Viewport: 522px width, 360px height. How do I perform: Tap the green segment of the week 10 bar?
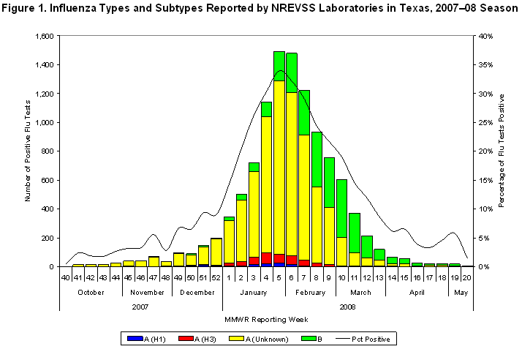coord(341,208)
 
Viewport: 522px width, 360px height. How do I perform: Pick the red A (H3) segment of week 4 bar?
coord(265,258)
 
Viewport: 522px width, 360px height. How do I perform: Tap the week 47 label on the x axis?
coord(153,277)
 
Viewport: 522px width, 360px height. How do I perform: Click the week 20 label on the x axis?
coord(466,277)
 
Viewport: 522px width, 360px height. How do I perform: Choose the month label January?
coord(253,290)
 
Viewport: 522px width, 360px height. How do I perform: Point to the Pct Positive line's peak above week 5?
coord(279,70)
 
